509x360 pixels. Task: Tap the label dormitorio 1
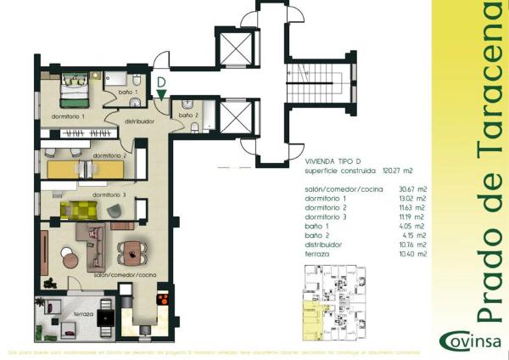point(69,115)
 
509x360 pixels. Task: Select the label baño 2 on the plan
point(188,115)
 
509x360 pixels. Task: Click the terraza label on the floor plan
point(84,313)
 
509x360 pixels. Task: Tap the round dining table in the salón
point(133,250)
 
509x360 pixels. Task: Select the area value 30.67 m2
point(408,188)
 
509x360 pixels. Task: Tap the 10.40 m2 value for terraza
point(408,254)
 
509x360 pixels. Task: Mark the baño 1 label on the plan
point(127,92)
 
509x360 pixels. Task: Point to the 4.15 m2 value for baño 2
point(410,235)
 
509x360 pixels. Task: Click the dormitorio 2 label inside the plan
point(109,157)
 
